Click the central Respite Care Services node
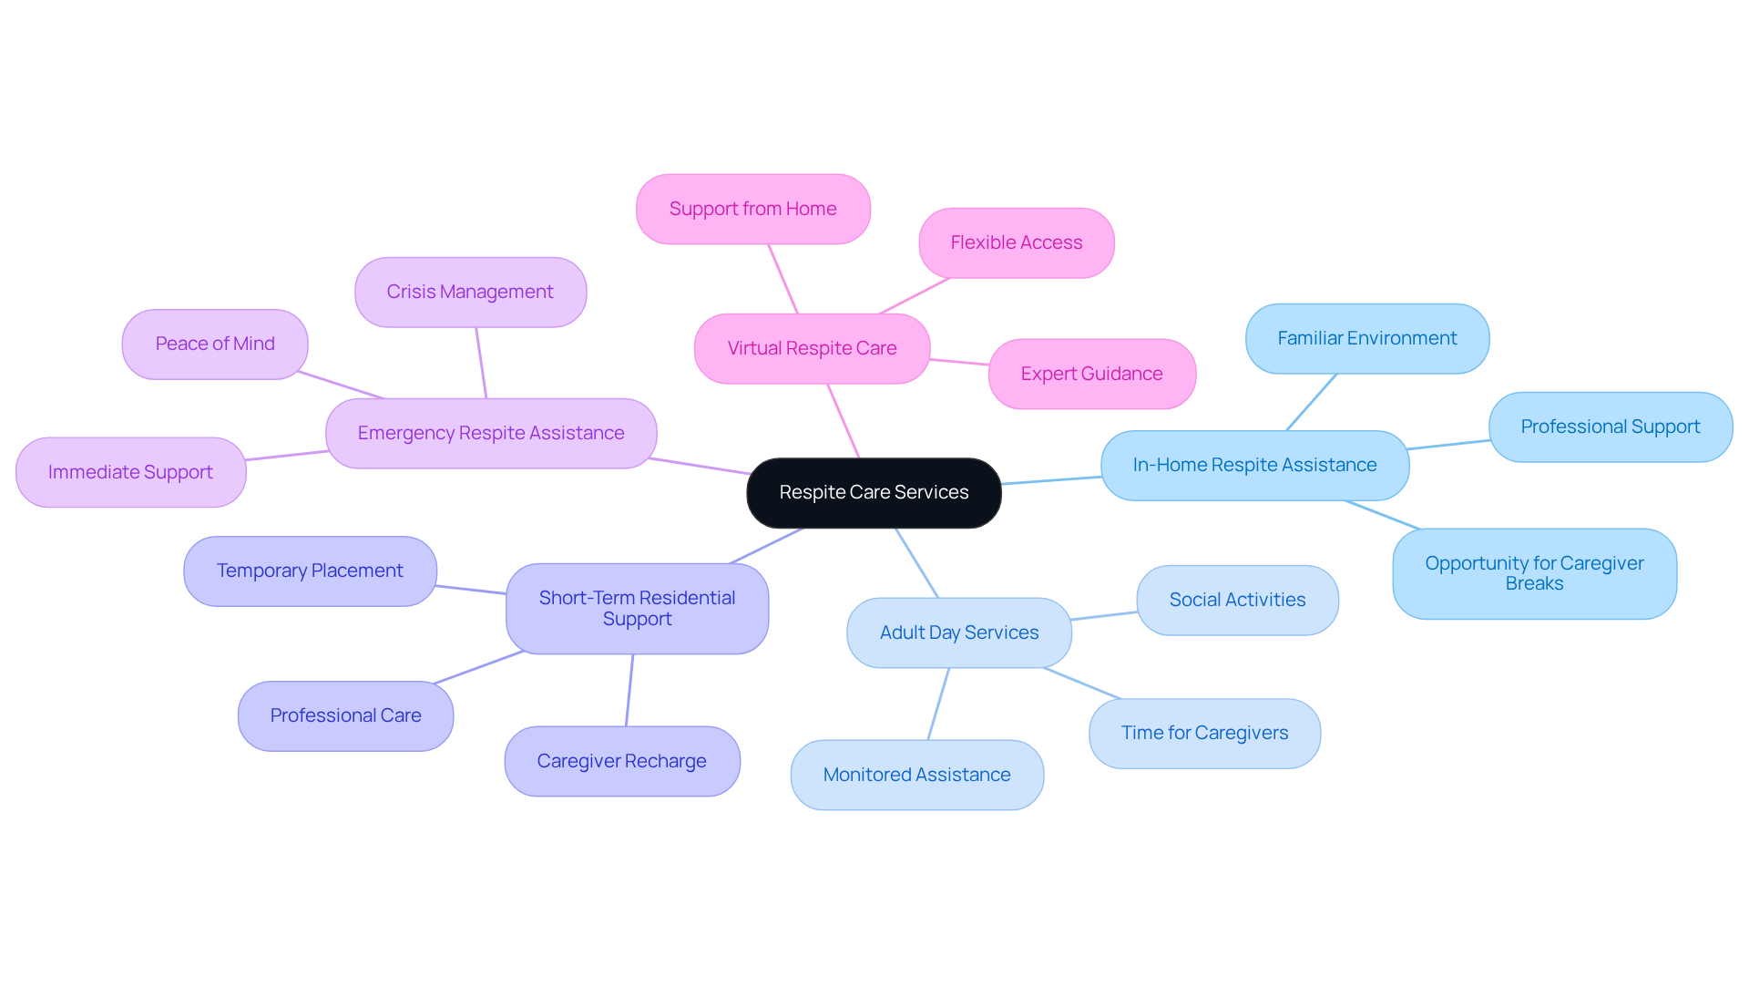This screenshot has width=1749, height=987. (x=874, y=493)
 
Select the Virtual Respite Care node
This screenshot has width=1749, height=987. (x=812, y=348)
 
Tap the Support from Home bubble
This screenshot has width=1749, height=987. (x=752, y=209)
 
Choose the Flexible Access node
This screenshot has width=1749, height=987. (x=1016, y=242)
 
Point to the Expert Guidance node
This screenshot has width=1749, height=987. (x=1091, y=374)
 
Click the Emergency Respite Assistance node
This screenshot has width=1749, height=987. (x=491, y=433)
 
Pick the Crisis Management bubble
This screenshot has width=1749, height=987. (x=470, y=292)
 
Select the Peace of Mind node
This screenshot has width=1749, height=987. (x=215, y=344)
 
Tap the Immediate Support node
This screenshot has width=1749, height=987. (x=130, y=472)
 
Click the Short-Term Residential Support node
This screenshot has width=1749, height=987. (x=637, y=608)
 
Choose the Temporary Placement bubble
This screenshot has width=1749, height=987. (x=310, y=571)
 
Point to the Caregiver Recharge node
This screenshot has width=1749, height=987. (x=621, y=761)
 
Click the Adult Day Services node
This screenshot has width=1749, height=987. (x=958, y=632)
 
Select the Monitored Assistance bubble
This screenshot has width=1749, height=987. (x=916, y=775)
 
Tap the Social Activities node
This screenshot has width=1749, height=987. (x=1237, y=600)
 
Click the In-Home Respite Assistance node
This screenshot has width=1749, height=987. (x=1254, y=465)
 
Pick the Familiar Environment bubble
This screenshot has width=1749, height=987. (x=1366, y=338)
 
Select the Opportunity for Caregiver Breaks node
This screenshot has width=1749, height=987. (x=1534, y=573)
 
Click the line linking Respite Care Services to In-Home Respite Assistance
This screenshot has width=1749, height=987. (x=1051, y=480)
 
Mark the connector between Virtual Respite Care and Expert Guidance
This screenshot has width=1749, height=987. (x=959, y=362)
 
